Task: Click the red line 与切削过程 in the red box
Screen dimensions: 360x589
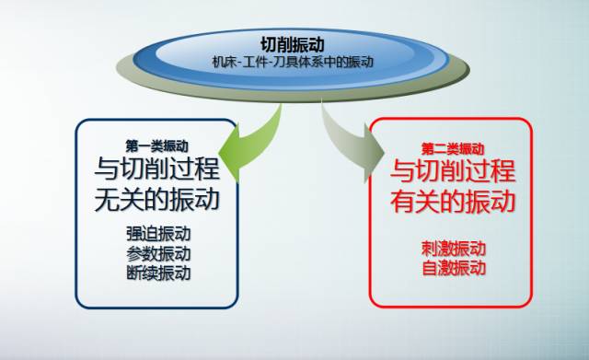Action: [454, 171]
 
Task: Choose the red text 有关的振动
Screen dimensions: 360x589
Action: [454, 200]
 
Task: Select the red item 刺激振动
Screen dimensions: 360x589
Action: [454, 250]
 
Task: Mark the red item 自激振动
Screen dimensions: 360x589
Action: [454, 269]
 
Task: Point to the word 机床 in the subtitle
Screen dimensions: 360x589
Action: [224, 62]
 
